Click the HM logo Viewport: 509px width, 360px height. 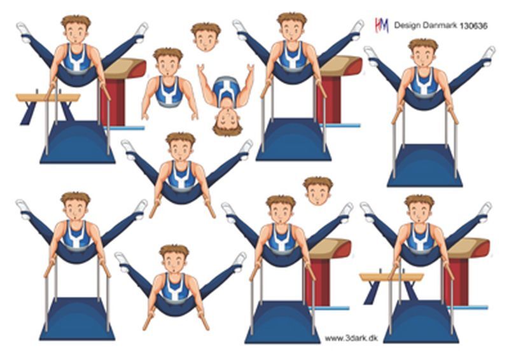click(382, 25)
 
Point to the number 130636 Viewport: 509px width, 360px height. click(473, 26)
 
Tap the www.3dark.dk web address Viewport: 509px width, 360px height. click(352, 338)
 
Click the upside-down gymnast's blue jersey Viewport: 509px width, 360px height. click(227, 90)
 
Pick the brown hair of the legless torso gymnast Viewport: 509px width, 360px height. click(168, 53)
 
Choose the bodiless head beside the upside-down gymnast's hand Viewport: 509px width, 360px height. click(206, 38)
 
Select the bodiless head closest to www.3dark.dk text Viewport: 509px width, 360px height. click(318, 191)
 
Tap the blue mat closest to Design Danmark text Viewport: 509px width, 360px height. click(424, 166)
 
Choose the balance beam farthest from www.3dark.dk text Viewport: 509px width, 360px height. click(48, 104)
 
